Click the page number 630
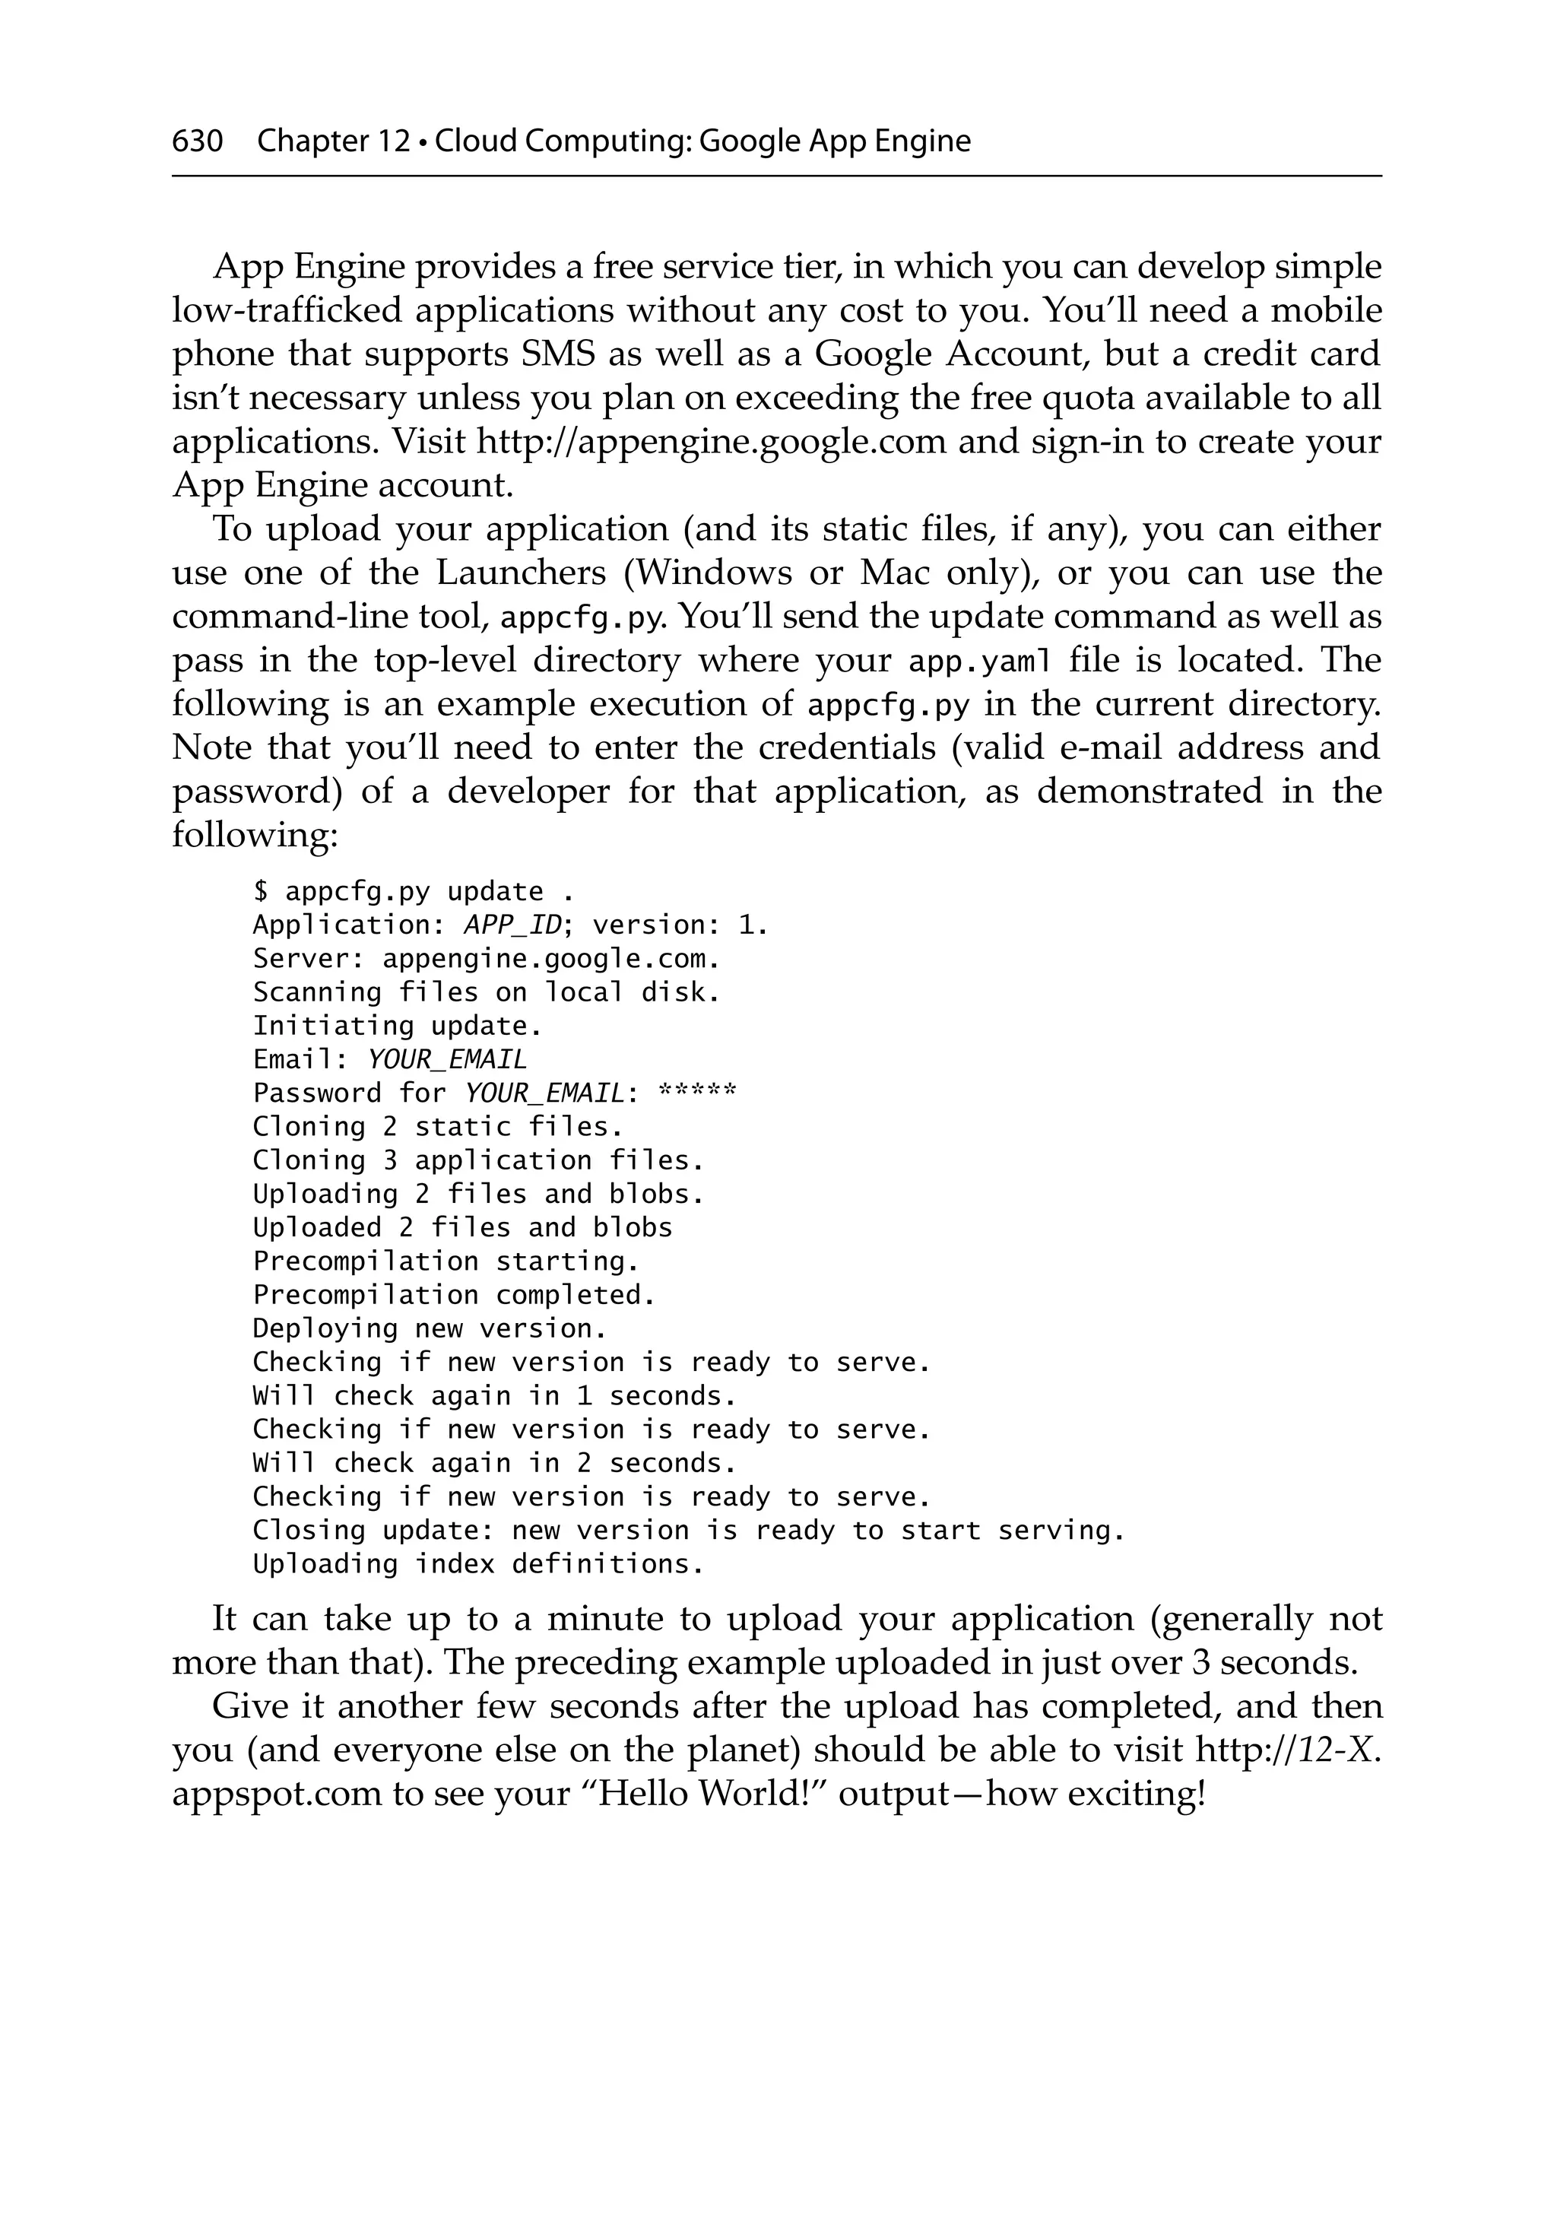198,141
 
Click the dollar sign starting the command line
260,891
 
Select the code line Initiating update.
397,1026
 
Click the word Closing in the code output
309,1531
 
